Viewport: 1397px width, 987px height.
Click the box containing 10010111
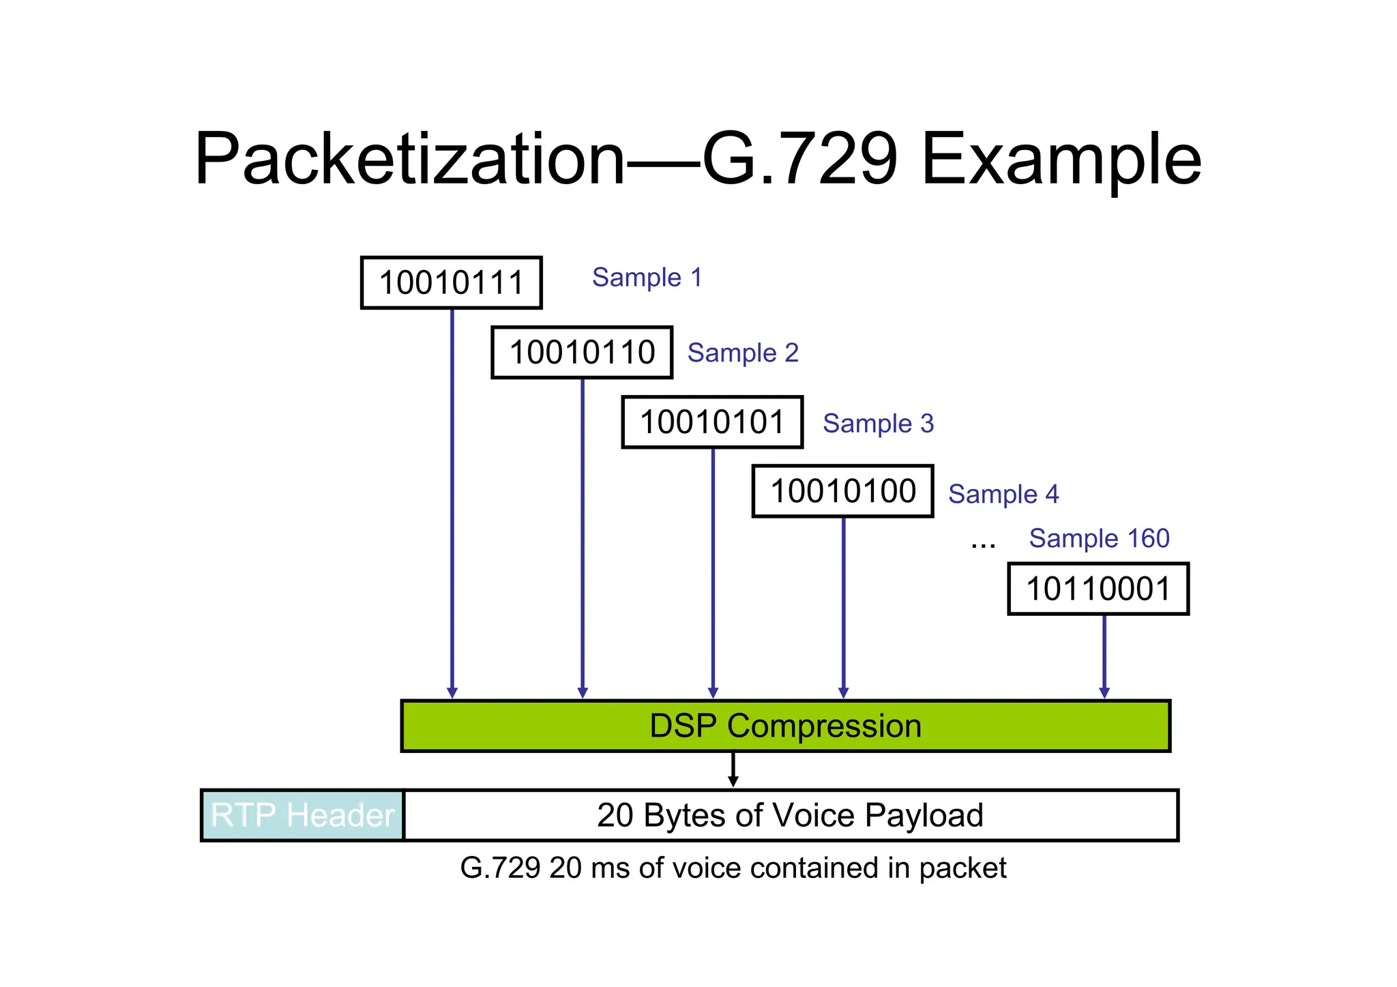[x=451, y=283]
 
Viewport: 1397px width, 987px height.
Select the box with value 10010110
[x=582, y=353]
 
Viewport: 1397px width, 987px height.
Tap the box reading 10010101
[x=712, y=422]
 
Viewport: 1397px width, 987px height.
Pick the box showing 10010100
[x=842, y=492]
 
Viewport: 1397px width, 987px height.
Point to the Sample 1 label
[x=647, y=278]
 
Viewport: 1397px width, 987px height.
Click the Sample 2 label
[x=743, y=353]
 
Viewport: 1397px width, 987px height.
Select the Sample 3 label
[x=878, y=424]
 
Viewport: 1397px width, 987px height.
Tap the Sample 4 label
[x=1003, y=494]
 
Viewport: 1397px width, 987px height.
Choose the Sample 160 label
[x=1099, y=539]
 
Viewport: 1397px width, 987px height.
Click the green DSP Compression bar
[x=786, y=726]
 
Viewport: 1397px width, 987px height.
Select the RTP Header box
[x=303, y=816]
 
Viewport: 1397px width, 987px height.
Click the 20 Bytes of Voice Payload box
[x=790, y=816]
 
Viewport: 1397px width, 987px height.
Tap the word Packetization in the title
[x=409, y=160]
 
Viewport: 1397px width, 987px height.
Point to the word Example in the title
[x=1061, y=160]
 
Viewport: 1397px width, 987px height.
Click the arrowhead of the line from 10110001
[x=1104, y=693]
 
